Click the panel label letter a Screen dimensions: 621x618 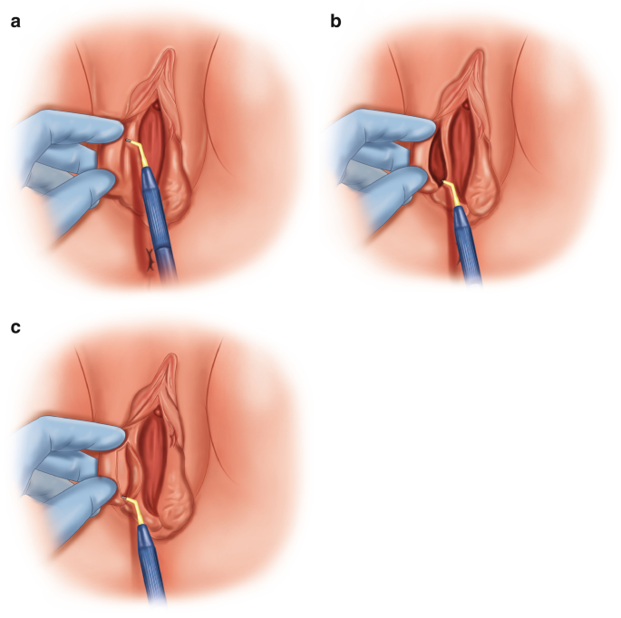tap(15, 22)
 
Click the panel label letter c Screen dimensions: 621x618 tap(15, 327)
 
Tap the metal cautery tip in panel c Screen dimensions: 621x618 tap(123, 497)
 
